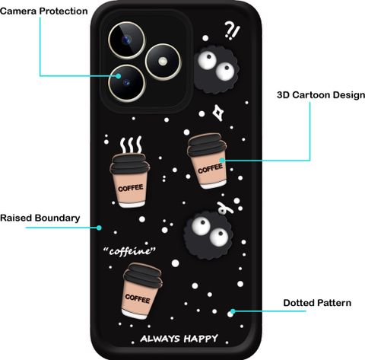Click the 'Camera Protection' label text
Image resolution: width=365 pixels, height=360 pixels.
click(x=44, y=11)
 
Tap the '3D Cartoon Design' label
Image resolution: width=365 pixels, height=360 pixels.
click(x=321, y=95)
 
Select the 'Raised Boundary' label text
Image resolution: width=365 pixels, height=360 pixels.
click(x=40, y=218)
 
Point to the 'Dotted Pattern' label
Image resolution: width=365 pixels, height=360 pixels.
click(x=317, y=303)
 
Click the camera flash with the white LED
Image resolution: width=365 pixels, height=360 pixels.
click(x=163, y=62)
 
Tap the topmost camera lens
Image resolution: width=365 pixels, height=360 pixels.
click(x=127, y=40)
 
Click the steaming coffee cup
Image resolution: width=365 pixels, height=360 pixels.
click(x=130, y=180)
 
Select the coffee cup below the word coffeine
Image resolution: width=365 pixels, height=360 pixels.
click(x=142, y=291)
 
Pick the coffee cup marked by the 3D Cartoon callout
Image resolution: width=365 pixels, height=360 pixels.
click(x=208, y=161)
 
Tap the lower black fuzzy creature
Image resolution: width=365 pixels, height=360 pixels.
click(x=209, y=234)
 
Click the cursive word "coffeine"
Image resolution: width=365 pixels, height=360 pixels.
click(x=129, y=251)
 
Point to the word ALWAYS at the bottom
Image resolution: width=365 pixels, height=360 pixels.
click(x=160, y=339)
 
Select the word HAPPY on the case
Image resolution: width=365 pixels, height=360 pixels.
click(x=201, y=339)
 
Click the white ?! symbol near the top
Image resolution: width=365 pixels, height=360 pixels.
click(x=232, y=30)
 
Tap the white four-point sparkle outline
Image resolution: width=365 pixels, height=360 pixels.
click(x=218, y=113)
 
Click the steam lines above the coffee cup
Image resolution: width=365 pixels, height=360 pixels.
click(x=131, y=145)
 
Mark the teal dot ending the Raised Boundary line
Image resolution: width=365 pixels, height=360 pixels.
click(x=99, y=228)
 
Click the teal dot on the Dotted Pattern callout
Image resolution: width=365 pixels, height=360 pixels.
click(x=233, y=311)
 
